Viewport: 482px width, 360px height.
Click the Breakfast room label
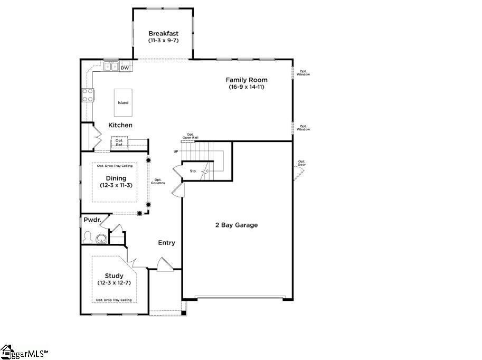pyautogui.click(x=163, y=33)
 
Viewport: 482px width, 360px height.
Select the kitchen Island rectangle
pyautogui.click(x=123, y=102)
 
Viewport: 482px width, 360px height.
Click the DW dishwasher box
pyautogui.click(x=125, y=68)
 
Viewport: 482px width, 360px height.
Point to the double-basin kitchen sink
pyautogui.click(x=110, y=67)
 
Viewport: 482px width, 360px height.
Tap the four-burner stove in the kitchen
pyautogui.click(x=88, y=95)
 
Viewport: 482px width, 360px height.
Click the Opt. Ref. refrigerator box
pyautogui.click(x=119, y=143)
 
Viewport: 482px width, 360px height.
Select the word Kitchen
pyautogui.click(x=120, y=125)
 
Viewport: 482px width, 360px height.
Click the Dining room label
pyautogui.click(x=116, y=178)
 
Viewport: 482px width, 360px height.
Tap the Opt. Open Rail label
pyautogui.click(x=190, y=136)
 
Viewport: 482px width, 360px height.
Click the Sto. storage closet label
pyautogui.click(x=193, y=171)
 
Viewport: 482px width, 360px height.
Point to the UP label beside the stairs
pyautogui.click(x=176, y=151)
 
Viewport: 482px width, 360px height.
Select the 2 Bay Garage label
pyautogui.click(x=237, y=225)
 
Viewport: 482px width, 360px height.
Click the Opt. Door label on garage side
pyautogui.click(x=301, y=163)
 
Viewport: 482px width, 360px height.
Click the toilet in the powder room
pyautogui.click(x=87, y=238)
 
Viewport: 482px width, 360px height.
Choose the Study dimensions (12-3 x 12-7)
pyautogui.click(x=114, y=283)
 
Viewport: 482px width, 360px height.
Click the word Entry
pyautogui.click(x=167, y=243)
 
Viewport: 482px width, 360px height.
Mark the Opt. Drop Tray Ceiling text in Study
pyautogui.click(x=114, y=300)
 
